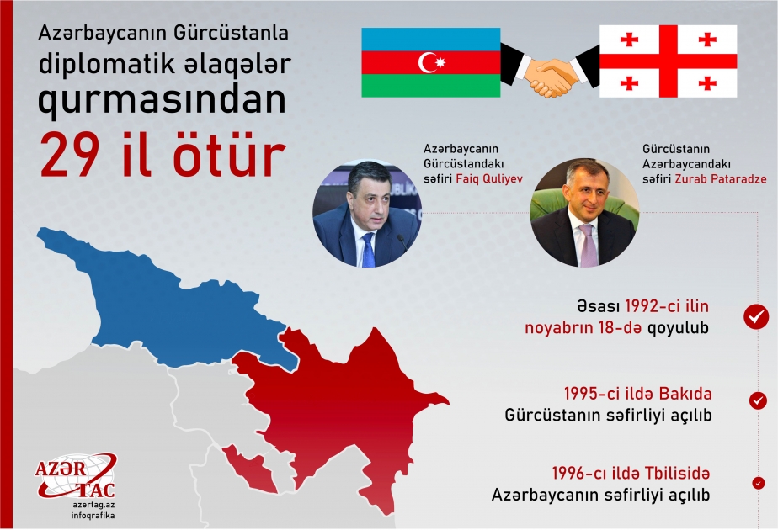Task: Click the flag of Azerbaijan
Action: coord(431,62)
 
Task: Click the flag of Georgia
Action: coord(667,61)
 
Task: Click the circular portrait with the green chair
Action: coord(585,213)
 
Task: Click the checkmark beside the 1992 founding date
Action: coord(755,316)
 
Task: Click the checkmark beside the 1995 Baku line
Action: coord(758,400)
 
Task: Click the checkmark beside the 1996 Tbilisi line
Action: coord(759,484)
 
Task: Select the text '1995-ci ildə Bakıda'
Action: coord(637,394)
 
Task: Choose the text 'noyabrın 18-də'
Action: coord(582,327)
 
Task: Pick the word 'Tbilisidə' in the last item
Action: coord(674,473)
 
